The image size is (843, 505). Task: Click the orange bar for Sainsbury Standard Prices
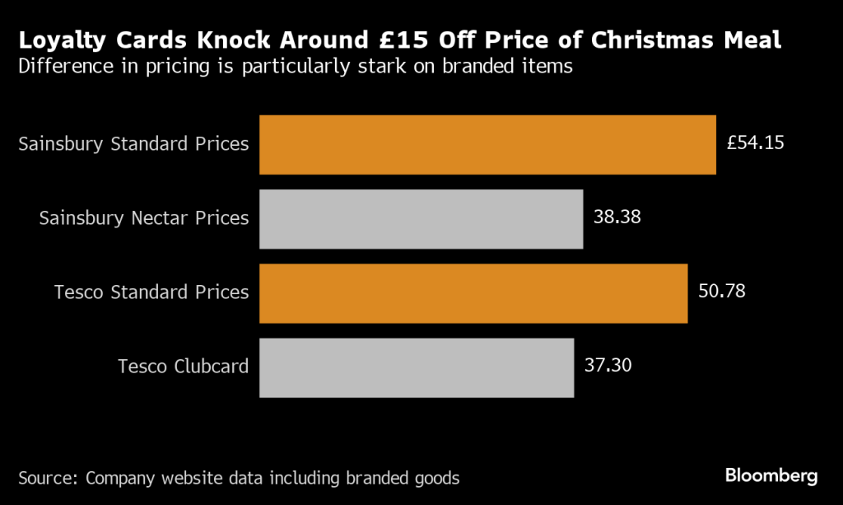click(487, 145)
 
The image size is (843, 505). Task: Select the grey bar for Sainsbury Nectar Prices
click(421, 219)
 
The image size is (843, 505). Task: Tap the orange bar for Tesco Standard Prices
click(473, 293)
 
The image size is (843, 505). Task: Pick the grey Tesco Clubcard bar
click(416, 367)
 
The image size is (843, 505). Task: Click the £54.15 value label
click(755, 143)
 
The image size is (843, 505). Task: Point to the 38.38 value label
click(617, 217)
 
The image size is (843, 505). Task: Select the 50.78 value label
click(721, 292)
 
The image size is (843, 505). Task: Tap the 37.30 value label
click(608, 366)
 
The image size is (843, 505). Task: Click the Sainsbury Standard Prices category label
click(133, 144)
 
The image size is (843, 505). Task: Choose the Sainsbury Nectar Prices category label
click(144, 218)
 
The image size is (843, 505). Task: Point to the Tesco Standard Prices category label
click(151, 292)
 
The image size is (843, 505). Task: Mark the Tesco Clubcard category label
click(183, 367)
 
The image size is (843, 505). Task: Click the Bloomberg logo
click(771, 476)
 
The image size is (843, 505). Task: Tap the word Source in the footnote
click(47, 478)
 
